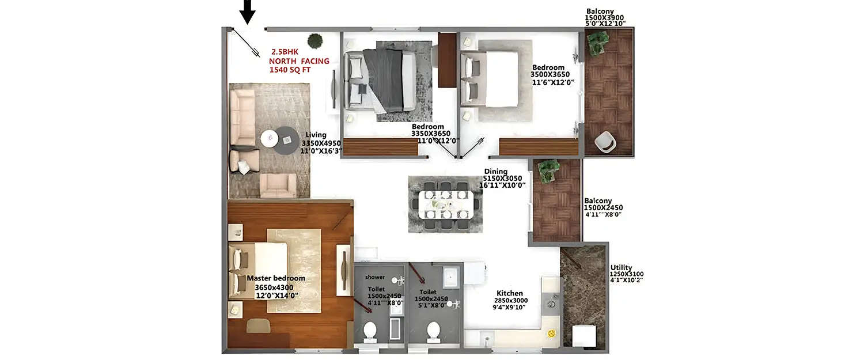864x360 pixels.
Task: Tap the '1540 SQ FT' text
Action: point(292,70)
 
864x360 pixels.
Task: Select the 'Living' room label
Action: point(316,135)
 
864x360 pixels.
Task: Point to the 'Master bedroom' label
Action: point(276,278)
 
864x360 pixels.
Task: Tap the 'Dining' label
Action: point(495,171)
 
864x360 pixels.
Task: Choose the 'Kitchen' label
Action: point(510,293)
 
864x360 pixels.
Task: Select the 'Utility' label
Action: point(621,267)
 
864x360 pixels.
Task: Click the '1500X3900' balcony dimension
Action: point(605,18)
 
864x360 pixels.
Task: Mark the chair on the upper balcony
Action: point(605,141)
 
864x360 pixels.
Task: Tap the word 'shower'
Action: point(374,277)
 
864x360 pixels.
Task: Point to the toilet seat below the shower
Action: point(370,331)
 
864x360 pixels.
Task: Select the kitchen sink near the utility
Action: point(551,302)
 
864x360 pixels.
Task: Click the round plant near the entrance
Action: point(315,41)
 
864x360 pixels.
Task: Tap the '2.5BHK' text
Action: point(285,51)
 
